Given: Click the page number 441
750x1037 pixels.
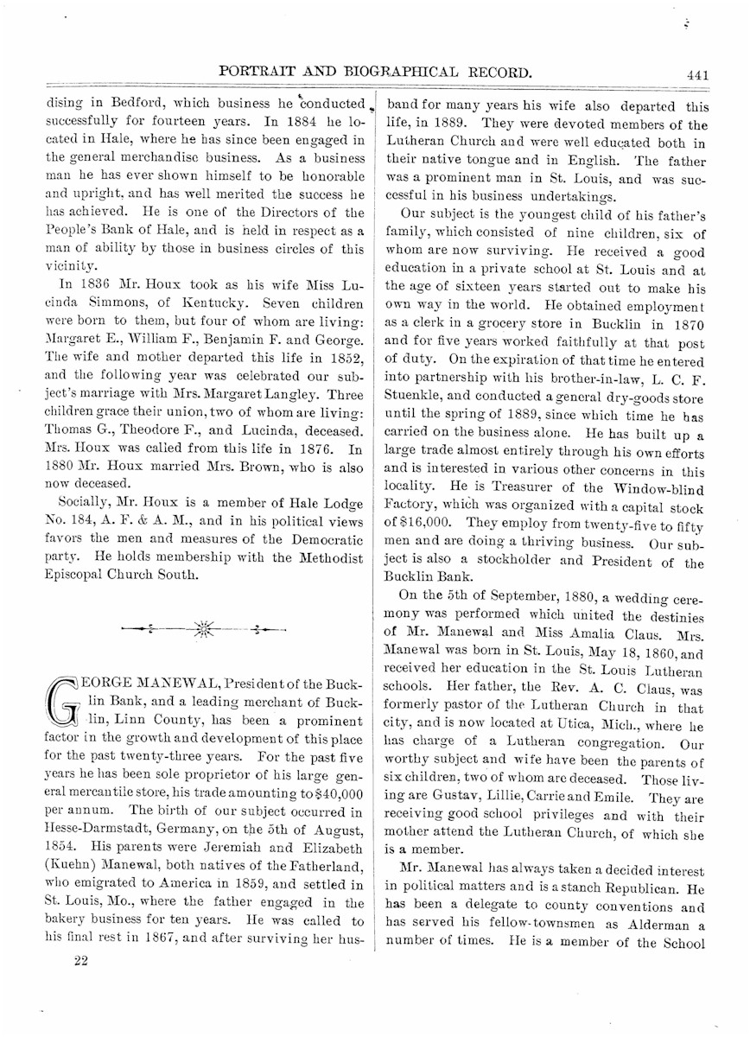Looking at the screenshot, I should point(697,75).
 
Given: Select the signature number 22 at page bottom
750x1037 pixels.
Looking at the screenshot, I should point(81,962).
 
